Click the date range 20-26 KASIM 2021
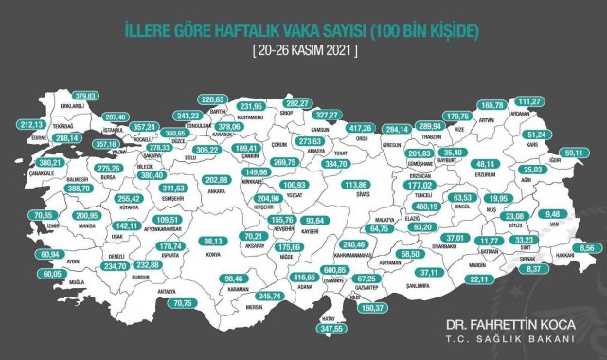(304, 49)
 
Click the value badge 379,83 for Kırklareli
(85, 95)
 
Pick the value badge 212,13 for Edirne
(31, 123)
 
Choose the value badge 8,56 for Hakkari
(586, 246)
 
